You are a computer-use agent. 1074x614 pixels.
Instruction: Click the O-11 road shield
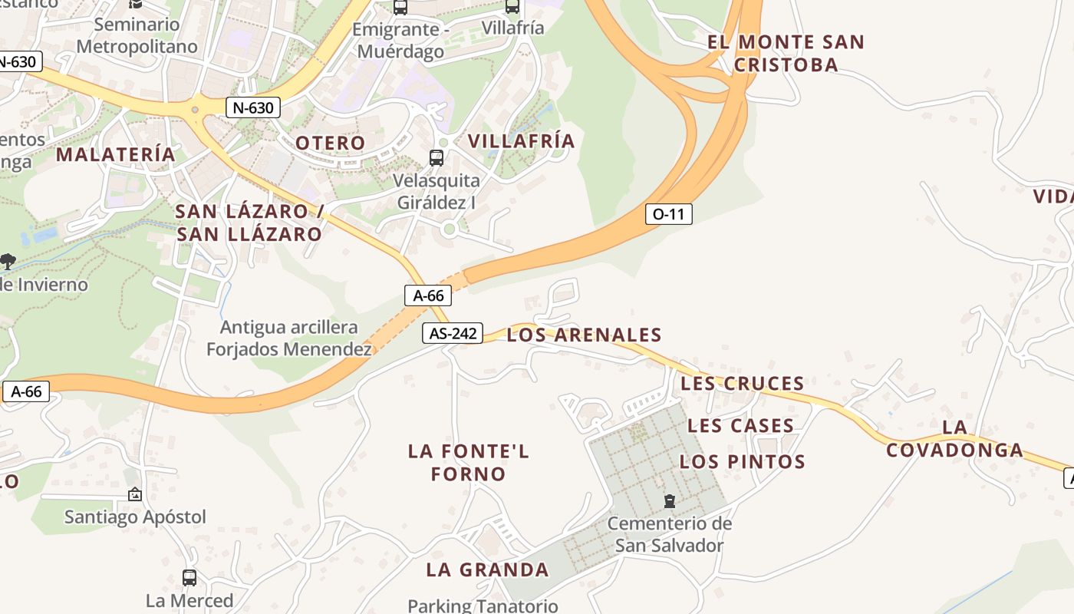point(668,214)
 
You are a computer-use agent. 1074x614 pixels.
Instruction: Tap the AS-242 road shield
point(452,333)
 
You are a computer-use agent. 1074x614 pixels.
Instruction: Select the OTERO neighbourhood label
point(331,143)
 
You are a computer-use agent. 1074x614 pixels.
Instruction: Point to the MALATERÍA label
point(116,154)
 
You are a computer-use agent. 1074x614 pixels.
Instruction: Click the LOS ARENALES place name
point(584,335)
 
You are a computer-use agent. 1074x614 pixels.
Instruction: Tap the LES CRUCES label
point(742,383)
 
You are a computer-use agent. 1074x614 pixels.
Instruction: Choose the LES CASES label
point(740,425)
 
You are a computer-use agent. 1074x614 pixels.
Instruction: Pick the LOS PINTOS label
point(743,461)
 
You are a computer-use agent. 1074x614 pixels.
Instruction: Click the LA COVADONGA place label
point(954,438)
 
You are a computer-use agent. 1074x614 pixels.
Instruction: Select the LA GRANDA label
point(487,569)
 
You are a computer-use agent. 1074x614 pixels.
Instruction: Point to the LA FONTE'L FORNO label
point(468,462)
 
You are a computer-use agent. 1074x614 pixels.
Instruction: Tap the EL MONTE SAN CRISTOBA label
point(786,53)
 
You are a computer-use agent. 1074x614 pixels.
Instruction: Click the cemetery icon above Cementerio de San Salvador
point(670,502)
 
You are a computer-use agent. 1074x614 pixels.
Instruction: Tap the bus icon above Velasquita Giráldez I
point(436,158)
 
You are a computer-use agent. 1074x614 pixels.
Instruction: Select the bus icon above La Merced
point(189,578)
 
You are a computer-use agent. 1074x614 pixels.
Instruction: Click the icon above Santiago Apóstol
point(135,494)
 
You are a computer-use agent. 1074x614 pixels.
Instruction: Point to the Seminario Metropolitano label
point(137,35)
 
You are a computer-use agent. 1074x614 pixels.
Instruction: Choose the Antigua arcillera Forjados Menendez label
point(289,338)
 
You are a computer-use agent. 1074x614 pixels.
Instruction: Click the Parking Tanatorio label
point(483,606)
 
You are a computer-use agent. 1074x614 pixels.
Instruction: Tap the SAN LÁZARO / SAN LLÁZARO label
point(249,223)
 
